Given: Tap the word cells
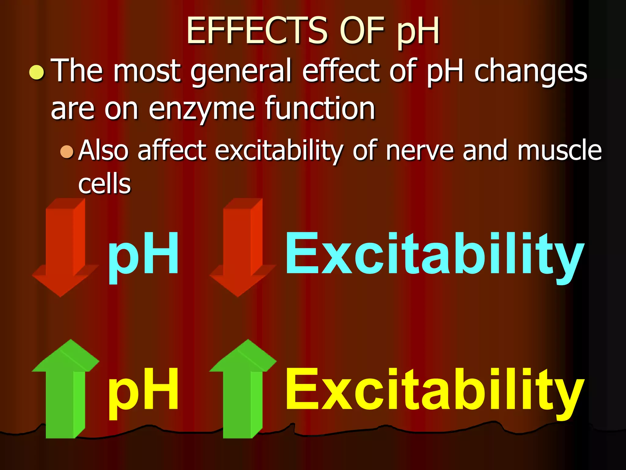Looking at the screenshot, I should click(x=105, y=184).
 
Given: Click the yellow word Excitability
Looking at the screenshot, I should click(x=434, y=390).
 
